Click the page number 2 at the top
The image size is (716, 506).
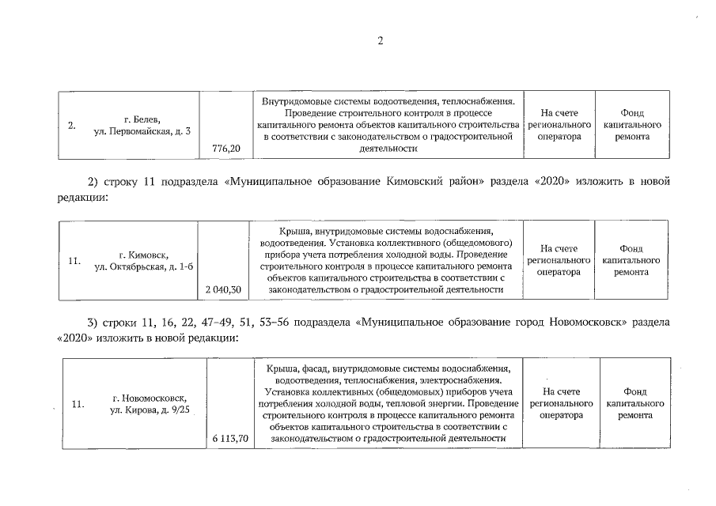pyautogui.click(x=380, y=40)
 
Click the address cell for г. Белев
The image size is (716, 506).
pyautogui.click(x=142, y=124)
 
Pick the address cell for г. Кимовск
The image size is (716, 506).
pyautogui.click(x=143, y=260)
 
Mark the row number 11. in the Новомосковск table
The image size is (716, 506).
pyautogui.click(x=78, y=405)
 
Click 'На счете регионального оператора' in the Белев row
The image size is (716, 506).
pyautogui.click(x=559, y=125)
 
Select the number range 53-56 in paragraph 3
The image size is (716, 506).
pyautogui.click(x=275, y=323)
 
